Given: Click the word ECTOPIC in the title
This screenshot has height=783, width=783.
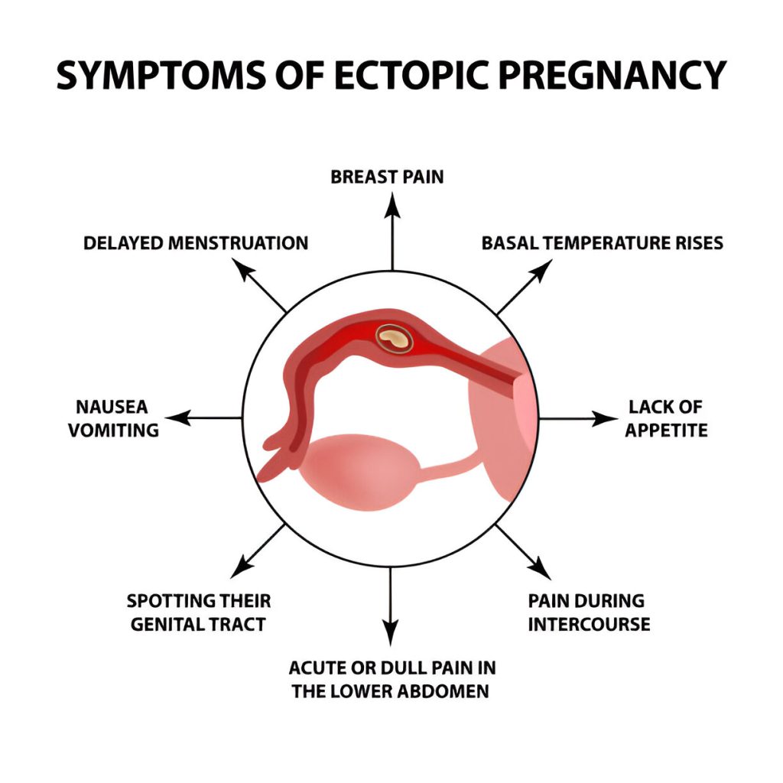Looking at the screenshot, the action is (x=412, y=76).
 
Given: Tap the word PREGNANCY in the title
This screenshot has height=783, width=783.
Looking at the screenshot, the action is (x=612, y=76).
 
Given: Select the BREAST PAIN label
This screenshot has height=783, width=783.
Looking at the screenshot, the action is (x=387, y=177).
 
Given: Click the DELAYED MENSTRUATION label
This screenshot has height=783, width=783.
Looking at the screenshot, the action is (x=196, y=243).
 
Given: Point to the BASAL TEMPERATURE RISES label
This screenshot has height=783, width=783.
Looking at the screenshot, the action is (x=603, y=243).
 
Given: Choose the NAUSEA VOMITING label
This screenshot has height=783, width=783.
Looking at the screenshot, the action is (x=113, y=418).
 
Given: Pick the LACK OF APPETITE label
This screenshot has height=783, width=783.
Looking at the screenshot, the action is (x=666, y=418).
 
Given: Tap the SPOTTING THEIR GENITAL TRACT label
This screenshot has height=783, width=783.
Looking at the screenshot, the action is (x=199, y=612).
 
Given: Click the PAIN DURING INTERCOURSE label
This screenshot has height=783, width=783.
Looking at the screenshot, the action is (x=590, y=612).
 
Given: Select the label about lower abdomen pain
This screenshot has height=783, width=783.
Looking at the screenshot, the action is (x=392, y=680).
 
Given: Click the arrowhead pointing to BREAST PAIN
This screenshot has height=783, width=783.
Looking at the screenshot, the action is (x=392, y=206).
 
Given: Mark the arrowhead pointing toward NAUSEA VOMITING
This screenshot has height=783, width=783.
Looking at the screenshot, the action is (x=177, y=418).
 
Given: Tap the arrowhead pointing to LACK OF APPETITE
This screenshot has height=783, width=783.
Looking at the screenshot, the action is (x=606, y=418).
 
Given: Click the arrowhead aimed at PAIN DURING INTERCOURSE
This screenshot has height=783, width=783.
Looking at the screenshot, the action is (x=540, y=568).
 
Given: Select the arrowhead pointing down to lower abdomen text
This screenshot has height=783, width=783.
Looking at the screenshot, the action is (x=391, y=632).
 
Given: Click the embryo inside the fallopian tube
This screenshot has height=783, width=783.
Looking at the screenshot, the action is (x=394, y=339).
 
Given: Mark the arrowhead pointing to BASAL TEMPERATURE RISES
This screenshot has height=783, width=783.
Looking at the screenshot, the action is (x=541, y=270).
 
